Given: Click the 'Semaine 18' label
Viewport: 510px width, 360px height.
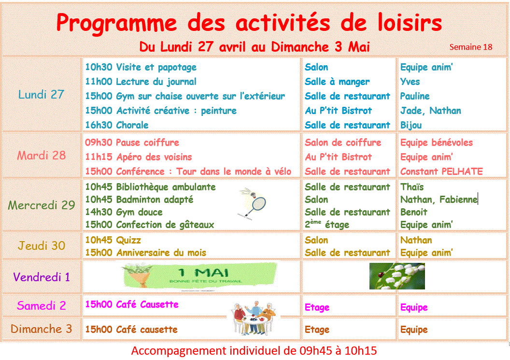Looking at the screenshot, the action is tap(471, 47).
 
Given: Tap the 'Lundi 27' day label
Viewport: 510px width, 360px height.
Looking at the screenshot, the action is tap(41, 94).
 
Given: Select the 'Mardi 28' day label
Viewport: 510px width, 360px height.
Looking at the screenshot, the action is tap(42, 155).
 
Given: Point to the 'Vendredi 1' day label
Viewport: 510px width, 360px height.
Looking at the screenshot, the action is tap(42, 277).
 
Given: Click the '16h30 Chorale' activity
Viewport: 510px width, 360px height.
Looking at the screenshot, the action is tap(117, 125).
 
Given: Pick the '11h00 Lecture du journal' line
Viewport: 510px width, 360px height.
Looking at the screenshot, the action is tap(141, 81).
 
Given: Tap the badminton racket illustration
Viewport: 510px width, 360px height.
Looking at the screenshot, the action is tap(253, 202).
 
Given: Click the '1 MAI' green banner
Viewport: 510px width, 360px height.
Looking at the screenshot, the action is tap(199, 276).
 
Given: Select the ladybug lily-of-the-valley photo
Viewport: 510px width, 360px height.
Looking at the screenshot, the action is tap(397, 276).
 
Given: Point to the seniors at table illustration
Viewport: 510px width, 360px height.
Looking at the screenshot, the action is tap(254, 318).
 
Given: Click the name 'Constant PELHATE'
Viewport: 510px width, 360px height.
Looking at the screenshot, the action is tap(441, 172).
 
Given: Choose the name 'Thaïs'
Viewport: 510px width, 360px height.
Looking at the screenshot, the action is tap(412, 187).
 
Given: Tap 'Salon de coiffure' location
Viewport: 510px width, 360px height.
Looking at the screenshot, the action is tap(343, 143).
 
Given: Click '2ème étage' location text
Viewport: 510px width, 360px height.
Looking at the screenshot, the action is tap(327, 224).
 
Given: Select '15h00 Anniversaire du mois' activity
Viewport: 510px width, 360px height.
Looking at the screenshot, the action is tap(146, 253).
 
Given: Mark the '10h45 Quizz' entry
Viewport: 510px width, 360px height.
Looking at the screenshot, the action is tap(113, 240).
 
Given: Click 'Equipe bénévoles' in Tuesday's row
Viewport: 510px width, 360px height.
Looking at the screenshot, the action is tap(437, 143).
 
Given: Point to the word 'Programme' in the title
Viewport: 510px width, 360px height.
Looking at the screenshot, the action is tap(116, 23).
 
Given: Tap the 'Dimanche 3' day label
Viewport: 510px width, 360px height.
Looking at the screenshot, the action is tap(42, 329).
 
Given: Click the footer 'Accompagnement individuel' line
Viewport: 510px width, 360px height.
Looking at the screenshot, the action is tap(254, 351).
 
